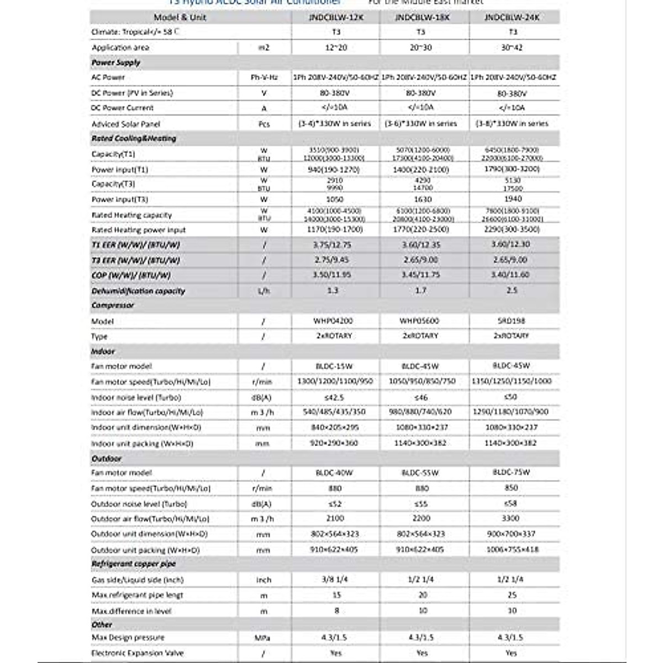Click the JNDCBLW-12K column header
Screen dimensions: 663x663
335,18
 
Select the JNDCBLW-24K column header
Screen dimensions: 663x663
511,18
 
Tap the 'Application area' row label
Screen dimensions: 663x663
120,48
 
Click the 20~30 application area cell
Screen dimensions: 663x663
421,48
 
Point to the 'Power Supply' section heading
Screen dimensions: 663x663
116,62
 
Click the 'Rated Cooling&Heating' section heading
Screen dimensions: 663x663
134,138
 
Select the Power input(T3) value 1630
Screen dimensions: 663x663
422,199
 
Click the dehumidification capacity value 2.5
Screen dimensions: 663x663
512,290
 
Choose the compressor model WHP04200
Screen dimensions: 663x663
333,320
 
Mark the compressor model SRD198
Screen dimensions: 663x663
512,320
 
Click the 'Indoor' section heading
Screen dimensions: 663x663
103,351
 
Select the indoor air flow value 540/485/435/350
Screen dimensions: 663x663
335,412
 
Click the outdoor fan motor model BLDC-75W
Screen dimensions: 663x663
511,472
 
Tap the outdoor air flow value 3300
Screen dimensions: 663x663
511,518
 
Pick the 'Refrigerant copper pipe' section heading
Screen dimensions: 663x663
134,564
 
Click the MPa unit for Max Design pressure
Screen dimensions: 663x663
264,638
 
